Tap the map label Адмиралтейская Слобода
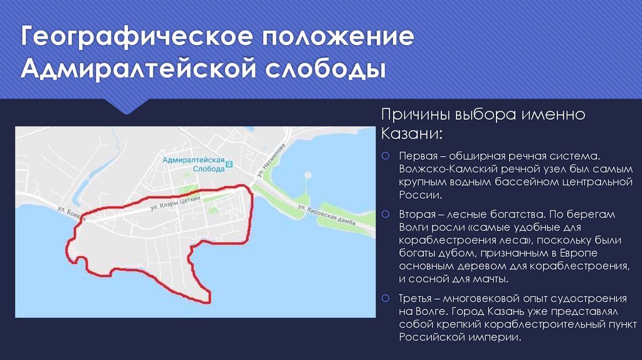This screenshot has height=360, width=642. tap(193, 165)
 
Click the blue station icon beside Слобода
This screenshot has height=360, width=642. tap(229, 165)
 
